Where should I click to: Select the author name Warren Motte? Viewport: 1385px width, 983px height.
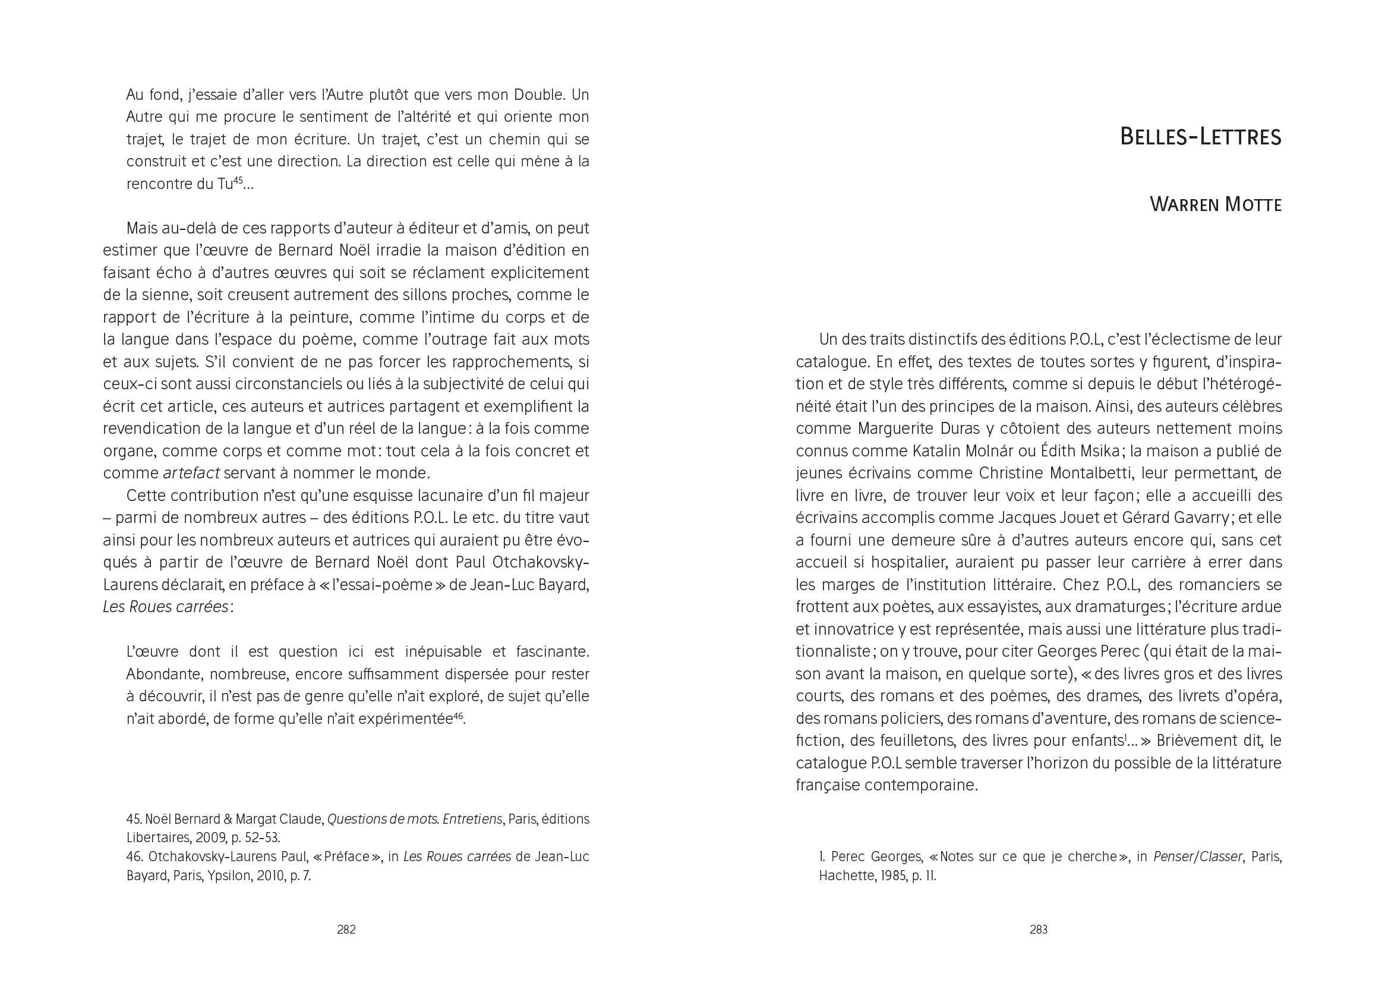pyautogui.click(x=1215, y=204)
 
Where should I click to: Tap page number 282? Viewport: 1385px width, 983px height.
pyautogui.click(x=346, y=929)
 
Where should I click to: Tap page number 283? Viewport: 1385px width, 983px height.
pyautogui.click(x=1038, y=929)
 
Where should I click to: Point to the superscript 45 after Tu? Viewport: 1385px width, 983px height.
pyautogui.click(x=238, y=179)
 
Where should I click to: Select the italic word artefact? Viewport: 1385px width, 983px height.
pyautogui.click(x=191, y=472)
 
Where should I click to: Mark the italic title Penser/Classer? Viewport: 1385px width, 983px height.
pyautogui.click(x=1197, y=856)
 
